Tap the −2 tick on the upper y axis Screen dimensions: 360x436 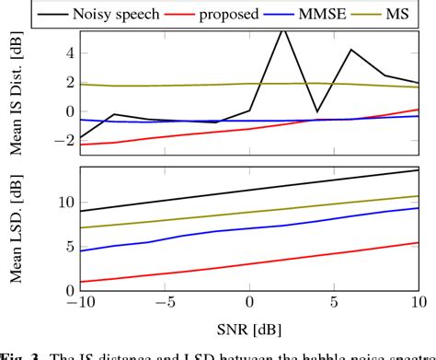[x=63, y=140]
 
